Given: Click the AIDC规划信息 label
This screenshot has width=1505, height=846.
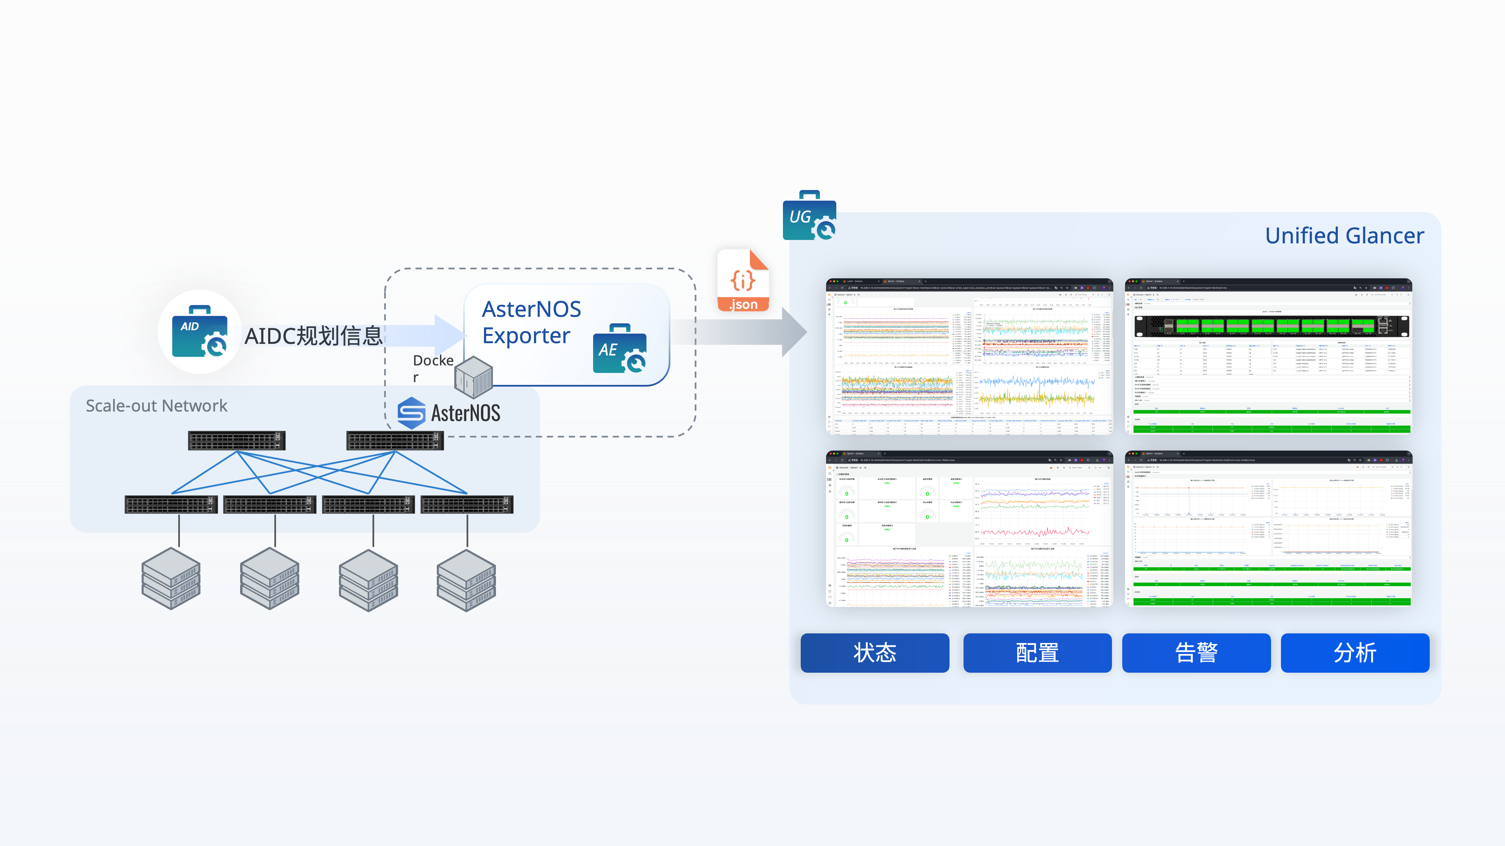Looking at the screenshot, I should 314,336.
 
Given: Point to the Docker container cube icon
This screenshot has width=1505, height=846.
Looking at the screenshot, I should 473,377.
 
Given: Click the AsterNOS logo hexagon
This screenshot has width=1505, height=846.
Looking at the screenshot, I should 411,413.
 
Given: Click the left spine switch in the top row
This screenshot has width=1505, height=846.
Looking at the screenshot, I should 237,440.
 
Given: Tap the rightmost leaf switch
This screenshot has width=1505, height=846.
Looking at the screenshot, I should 467,505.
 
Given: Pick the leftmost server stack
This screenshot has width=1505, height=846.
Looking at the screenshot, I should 171,578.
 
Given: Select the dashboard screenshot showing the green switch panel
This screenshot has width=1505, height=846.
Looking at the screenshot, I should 1268,356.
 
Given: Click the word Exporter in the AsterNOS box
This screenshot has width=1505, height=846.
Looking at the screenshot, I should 526,336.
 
